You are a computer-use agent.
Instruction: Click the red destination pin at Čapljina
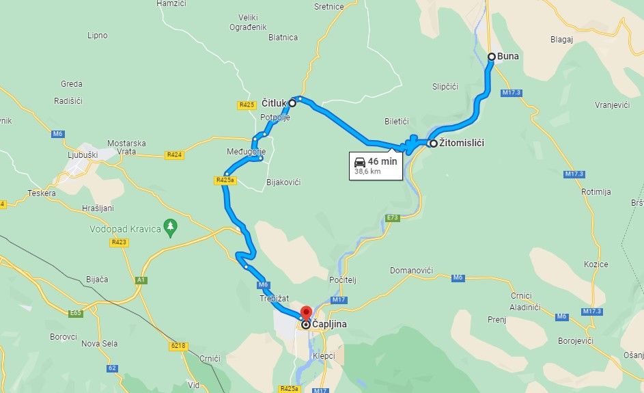306,314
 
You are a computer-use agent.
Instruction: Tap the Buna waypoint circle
491,57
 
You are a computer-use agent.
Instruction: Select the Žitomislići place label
462,144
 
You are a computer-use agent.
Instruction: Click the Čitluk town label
273,103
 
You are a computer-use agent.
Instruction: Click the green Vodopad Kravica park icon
171,226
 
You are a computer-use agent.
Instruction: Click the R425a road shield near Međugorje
225,181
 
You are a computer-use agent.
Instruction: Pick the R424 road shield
174,155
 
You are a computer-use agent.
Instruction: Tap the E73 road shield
392,218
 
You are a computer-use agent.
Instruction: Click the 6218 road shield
178,347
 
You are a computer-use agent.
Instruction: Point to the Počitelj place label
343,280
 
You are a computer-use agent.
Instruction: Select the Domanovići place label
411,271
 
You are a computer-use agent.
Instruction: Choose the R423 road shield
119,242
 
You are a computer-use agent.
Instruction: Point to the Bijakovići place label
283,182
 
